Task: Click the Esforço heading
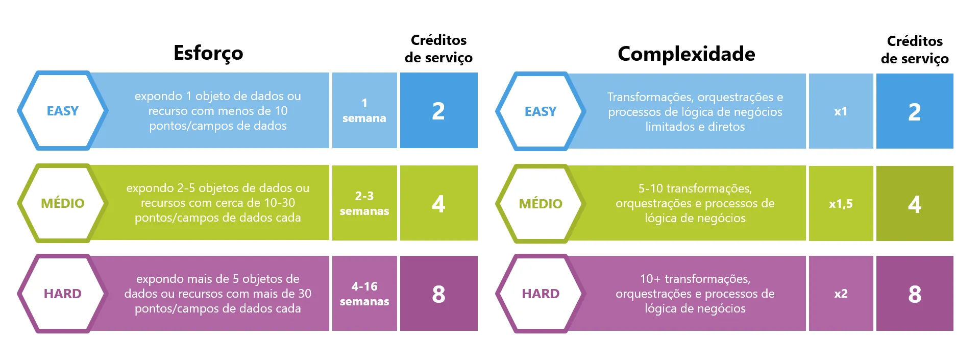[x=208, y=53]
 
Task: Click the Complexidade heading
[x=686, y=54]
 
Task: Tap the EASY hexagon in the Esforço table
[x=63, y=110]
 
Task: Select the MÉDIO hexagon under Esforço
[x=63, y=203]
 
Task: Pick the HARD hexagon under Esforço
[x=63, y=294]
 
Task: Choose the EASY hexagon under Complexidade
[x=541, y=111]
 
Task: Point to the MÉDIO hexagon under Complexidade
[x=541, y=203]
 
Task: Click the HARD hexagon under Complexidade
[x=541, y=294]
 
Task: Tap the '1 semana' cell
[x=364, y=110]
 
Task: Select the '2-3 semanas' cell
[x=364, y=203]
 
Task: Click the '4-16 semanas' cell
[x=364, y=293]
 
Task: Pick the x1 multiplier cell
[x=841, y=111]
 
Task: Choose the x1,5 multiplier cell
[x=841, y=203]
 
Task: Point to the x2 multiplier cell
[x=841, y=293]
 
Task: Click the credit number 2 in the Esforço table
[x=438, y=110]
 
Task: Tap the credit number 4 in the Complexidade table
[x=915, y=203]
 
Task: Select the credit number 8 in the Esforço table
[x=438, y=293]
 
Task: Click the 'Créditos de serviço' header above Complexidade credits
[x=915, y=50]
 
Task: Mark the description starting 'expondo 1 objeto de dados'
[x=218, y=110]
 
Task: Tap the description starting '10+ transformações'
[x=695, y=294]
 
